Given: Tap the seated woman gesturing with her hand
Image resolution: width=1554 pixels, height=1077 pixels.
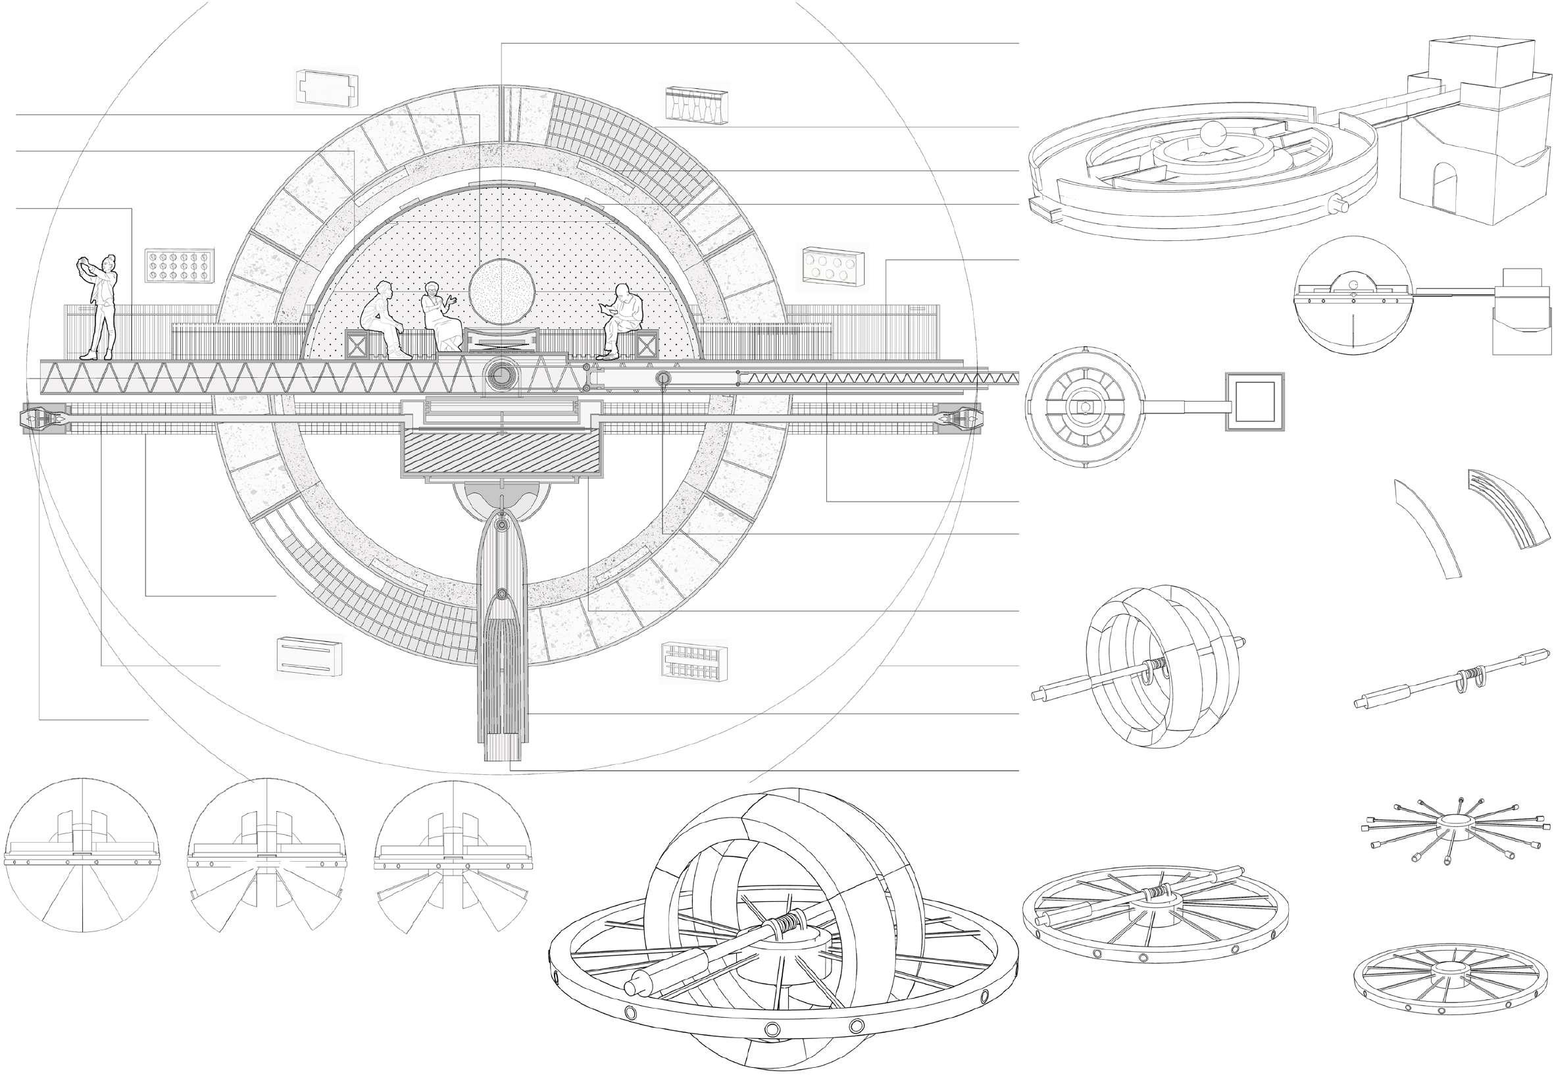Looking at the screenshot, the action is (x=437, y=317).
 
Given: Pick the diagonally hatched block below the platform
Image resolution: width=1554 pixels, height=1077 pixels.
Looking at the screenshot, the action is (x=502, y=454).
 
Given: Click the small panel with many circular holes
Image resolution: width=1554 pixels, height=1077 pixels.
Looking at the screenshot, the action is (x=180, y=267).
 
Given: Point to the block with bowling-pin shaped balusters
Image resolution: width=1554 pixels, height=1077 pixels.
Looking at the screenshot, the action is (x=697, y=104).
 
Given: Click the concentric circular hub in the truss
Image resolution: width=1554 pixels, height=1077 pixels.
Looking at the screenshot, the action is (x=502, y=372).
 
